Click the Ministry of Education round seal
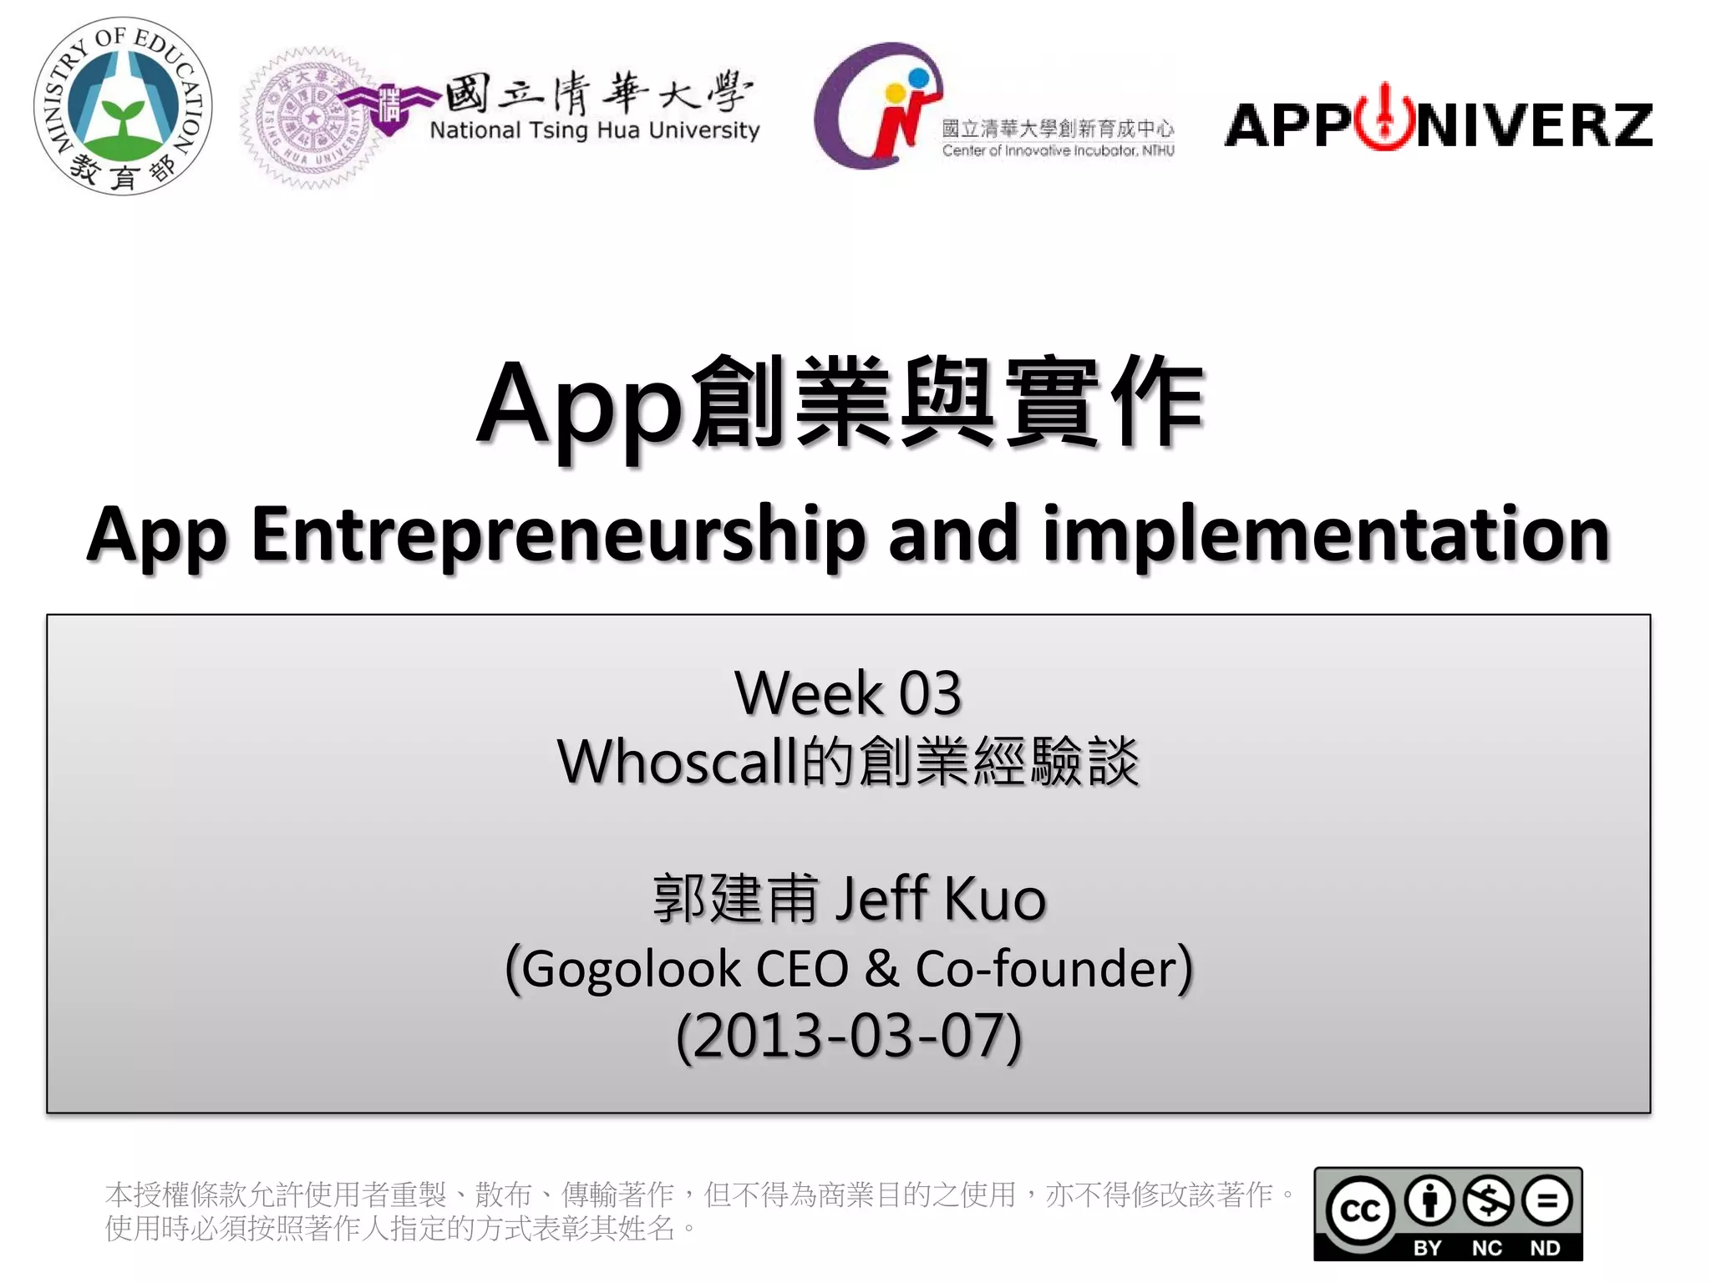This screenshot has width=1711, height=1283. (123, 107)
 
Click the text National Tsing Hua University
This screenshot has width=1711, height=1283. (594, 130)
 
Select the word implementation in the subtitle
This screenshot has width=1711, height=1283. (1326, 535)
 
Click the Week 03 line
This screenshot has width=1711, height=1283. (848, 692)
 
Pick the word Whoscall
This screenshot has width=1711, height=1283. (677, 762)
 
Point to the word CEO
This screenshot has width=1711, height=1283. (801, 969)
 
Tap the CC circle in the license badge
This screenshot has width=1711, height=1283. (1360, 1211)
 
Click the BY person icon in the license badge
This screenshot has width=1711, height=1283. (1429, 1201)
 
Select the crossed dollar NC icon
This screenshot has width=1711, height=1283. (1488, 1201)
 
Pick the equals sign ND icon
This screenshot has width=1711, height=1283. (1546, 1201)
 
